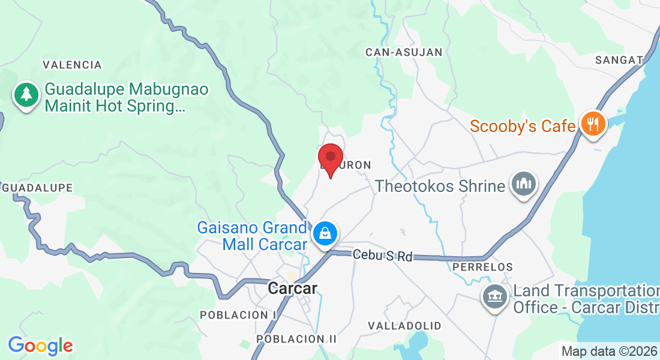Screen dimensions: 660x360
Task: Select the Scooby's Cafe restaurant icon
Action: [x=593, y=124]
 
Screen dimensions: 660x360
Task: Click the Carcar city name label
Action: [x=292, y=289]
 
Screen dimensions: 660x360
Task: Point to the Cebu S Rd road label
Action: [x=383, y=256]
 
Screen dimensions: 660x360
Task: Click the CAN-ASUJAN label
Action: [x=404, y=52]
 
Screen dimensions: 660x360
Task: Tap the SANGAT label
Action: [x=619, y=59]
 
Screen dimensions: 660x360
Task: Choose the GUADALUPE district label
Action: [x=38, y=188]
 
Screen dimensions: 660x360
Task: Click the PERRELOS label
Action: [x=483, y=266]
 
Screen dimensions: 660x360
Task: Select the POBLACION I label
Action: [x=238, y=315]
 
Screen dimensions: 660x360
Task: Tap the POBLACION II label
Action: [x=296, y=339]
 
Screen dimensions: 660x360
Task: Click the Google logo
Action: [x=40, y=346]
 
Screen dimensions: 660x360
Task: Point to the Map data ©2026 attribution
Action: [x=609, y=352]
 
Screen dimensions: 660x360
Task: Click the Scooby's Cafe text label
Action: [x=523, y=126]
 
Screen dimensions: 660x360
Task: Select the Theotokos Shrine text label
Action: [x=440, y=186]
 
